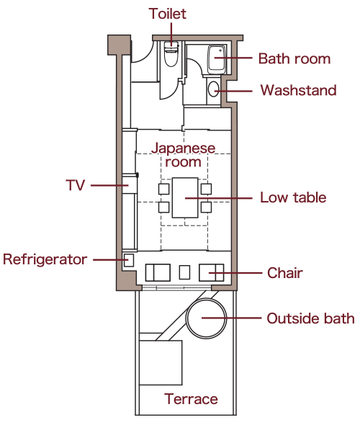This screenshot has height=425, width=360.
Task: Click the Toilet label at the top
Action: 168,14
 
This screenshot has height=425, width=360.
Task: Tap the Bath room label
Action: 294,59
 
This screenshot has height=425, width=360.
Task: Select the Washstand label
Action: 298,90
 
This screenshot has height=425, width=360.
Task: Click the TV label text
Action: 76,185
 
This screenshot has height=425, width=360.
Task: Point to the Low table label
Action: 293,197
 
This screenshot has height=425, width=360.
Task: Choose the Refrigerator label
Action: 45,259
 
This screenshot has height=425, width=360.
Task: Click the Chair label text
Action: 285,273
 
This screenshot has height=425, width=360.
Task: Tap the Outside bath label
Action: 311,318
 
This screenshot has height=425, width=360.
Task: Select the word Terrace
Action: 191,399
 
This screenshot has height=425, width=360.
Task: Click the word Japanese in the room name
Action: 183,148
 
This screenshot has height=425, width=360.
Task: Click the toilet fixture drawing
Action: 171,54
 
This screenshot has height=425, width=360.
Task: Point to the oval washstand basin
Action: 214,89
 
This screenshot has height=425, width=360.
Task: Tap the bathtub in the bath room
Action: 217,59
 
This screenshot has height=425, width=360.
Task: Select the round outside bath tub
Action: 206,318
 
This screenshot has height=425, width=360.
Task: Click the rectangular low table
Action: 185,197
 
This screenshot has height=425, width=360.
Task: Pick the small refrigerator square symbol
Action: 129,260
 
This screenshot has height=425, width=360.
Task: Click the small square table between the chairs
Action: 184,272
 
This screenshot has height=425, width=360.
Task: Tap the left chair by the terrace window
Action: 158,273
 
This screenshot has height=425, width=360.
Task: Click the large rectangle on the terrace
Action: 161,362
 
